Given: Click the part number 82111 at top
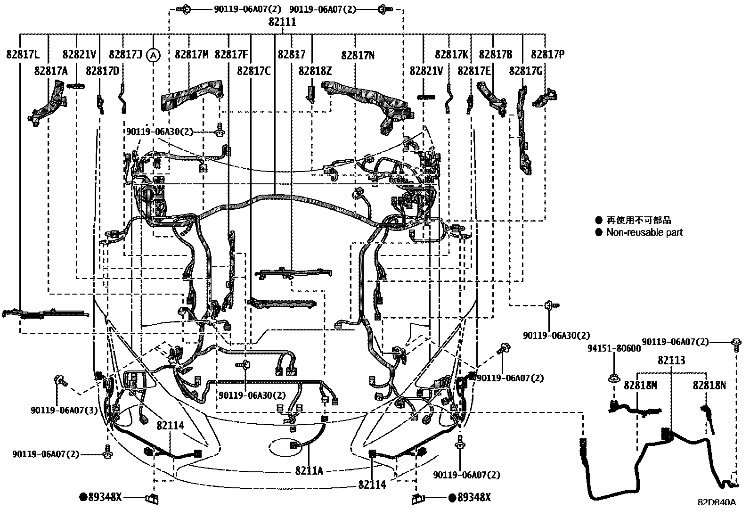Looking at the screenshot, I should tap(283, 22).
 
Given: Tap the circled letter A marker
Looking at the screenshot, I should tap(153, 55).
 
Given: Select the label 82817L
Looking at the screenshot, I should tap(23, 55).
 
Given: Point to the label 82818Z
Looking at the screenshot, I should tap(315, 71).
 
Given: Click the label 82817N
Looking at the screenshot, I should tap(358, 55).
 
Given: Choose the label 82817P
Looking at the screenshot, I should tap(547, 55).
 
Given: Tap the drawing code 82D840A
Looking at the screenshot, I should tap(717, 502).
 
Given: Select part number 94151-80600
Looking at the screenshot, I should tap(614, 348).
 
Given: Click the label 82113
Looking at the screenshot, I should tap(671, 361).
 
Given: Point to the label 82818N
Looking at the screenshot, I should tap(709, 385).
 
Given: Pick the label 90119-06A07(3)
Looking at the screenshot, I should tap(65, 410).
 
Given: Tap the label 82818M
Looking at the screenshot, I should tap(640, 385).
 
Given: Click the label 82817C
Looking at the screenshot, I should tap(254, 71).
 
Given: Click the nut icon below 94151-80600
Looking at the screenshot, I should tap(614, 378).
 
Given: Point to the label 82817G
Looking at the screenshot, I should tap(526, 71).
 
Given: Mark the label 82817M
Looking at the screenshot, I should tap(191, 55).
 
